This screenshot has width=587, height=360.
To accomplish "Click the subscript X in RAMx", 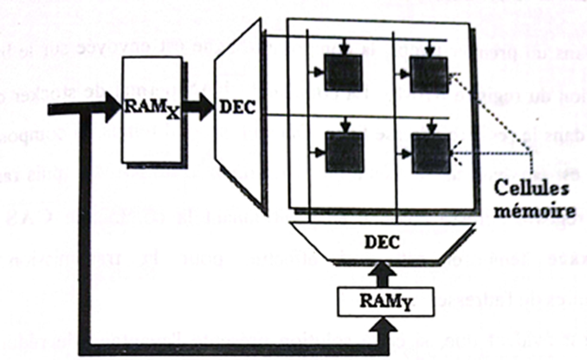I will pyautogui.click(x=171, y=115).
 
